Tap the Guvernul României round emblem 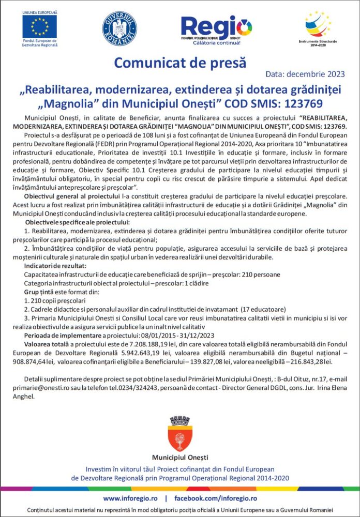click(119, 28)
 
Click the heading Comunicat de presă click(180, 63)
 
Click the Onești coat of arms click(180, 435)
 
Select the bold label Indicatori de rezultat click(55, 265)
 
